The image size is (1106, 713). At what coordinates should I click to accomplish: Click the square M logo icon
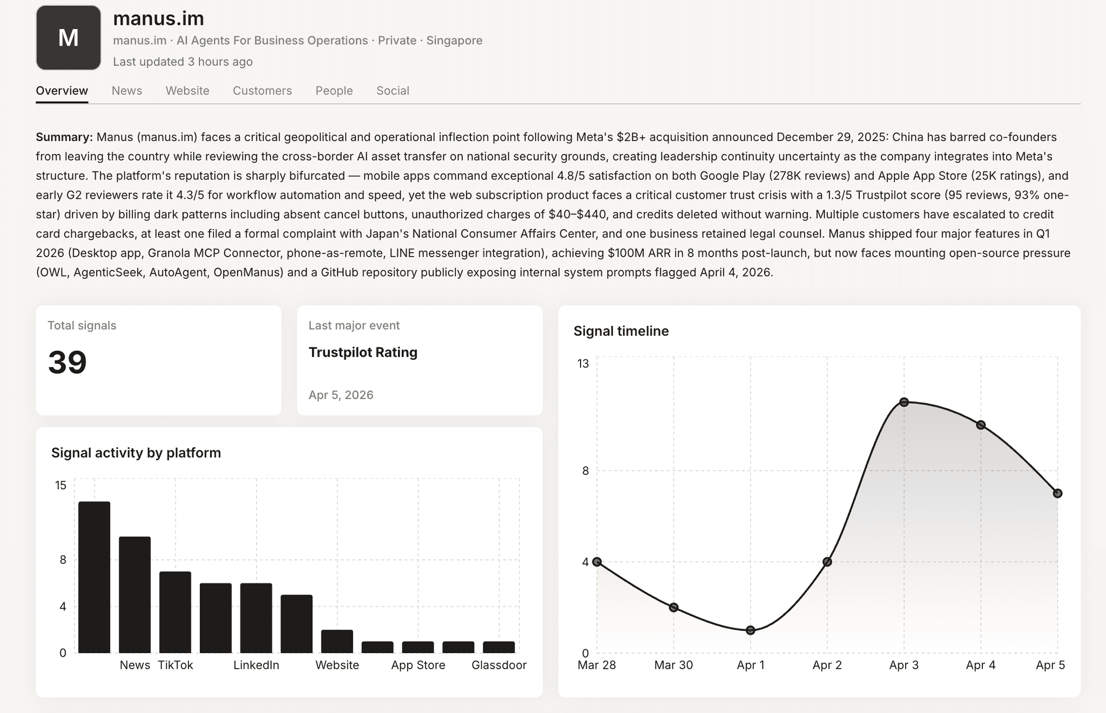[x=69, y=38]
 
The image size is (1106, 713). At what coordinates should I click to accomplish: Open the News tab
[x=127, y=91]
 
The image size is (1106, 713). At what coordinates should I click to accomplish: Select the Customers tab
[x=262, y=91]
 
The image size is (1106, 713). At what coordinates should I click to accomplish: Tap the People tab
[x=334, y=91]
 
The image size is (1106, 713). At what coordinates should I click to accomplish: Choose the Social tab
[x=393, y=91]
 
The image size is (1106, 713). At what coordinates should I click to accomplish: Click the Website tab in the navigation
[x=187, y=91]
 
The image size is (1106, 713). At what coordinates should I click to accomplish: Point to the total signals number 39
[x=68, y=362]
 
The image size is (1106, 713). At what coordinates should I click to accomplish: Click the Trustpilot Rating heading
[x=363, y=352]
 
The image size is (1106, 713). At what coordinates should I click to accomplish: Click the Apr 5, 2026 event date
[x=341, y=395]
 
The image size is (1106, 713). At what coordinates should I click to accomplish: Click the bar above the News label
[x=134, y=594]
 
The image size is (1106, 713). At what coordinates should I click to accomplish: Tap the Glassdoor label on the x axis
[x=499, y=665]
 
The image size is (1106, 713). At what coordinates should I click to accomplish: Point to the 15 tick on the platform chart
[x=61, y=485]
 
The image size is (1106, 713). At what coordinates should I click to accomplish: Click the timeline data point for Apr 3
[x=904, y=402]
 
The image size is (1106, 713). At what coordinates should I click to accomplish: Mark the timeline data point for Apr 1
[x=750, y=630]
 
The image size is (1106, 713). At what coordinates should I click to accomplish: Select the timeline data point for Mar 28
[x=597, y=562]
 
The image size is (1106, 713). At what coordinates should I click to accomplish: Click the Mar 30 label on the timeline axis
[x=673, y=665]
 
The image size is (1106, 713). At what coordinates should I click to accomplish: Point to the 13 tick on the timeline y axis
[x=583, y=364]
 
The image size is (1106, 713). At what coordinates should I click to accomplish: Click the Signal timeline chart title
[x=621, y=331]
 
